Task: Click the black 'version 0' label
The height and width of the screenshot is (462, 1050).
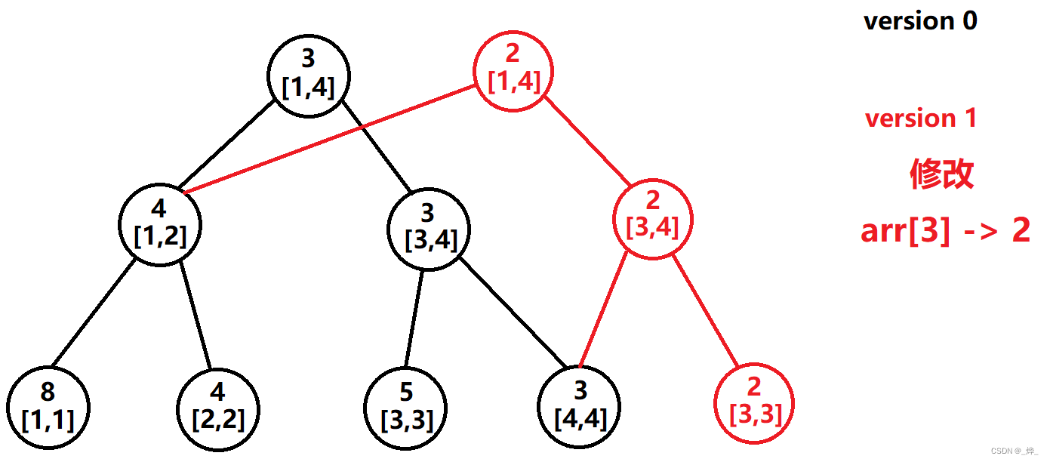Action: click(920, 21)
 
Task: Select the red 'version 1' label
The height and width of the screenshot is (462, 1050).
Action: click(920, 119)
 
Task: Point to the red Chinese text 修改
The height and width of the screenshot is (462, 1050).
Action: click(941, 174)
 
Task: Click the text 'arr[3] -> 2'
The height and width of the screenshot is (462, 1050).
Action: click(945, 231)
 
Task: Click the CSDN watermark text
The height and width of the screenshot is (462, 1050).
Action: click(1015, 451)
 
